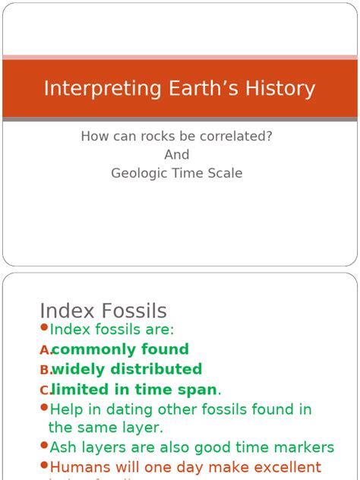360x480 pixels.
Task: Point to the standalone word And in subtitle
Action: [177, 155]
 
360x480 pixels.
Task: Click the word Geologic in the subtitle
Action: [138, 173]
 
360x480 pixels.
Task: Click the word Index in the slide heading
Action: [63, 311]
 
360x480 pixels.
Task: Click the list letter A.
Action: [45, 350]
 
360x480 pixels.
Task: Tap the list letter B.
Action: [45, 370]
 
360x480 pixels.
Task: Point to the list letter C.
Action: [45, 390]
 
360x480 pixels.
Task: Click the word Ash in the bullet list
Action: [63, 447]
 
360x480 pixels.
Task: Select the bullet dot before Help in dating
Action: [43, 407]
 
